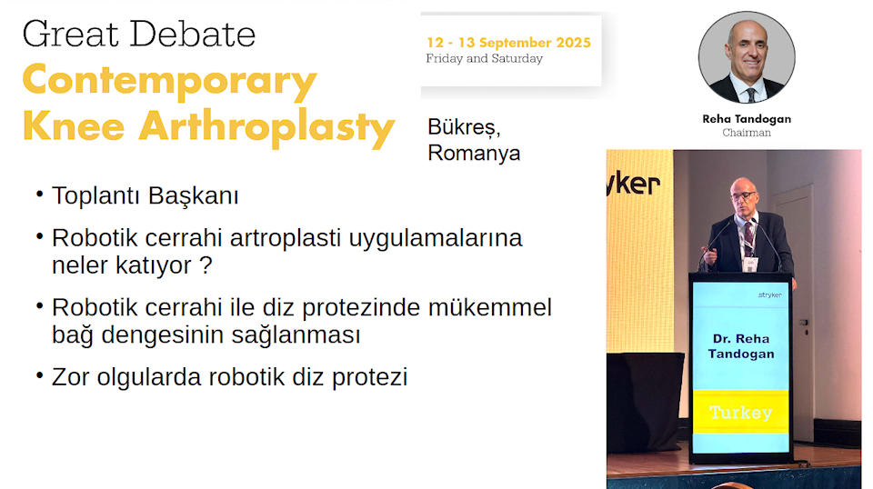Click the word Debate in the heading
(x=193, y=34)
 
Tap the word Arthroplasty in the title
(x=266, y=128)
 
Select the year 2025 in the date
(x=573, y=43)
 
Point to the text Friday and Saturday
(x=484, y=58)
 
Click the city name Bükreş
(x=464, y=127)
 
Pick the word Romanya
(x=474, y=153)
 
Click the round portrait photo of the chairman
(x=747, y=57)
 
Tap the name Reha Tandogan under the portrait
(x=747, y=118)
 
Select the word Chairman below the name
(x=747, y=133)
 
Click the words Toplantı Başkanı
(x=145, y=195)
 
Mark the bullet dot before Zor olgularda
(x=39, y=375)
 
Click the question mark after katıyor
(x=206, y=264)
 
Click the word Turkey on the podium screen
(x=740, y=413)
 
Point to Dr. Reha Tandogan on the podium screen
(x=741, y=346)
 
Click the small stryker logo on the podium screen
(x=770, y=294)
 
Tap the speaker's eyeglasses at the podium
(x=744, y=195)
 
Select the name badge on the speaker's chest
(x=750, y=264)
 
